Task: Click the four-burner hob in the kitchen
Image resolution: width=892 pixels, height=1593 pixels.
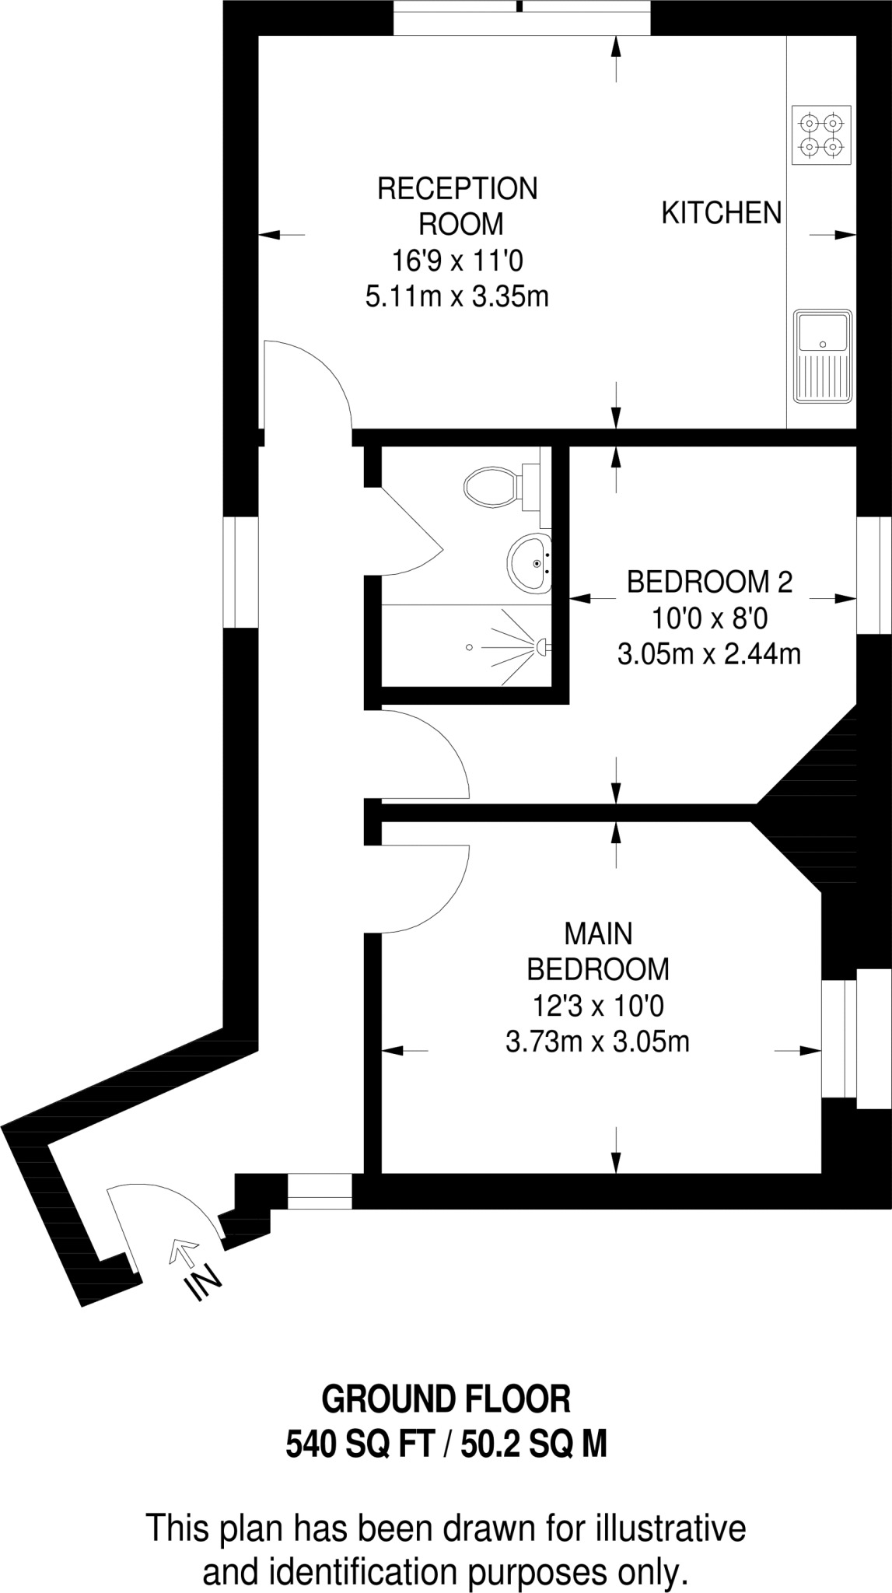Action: click(x=821, y=135)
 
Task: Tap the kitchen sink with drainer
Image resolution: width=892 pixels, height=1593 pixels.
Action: click(x=823, y=356)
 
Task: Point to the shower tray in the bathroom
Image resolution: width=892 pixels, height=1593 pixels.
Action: click(x=467, y=646)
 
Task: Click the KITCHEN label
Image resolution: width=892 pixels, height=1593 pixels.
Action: click(x=722, y=212)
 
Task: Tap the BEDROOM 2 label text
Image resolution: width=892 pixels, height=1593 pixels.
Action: click(x=709, y=582)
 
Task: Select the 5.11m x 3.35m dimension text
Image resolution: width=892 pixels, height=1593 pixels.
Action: click(x=457, y=296)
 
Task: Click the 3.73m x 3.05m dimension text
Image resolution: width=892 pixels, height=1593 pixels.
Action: click(x=598, y=1041)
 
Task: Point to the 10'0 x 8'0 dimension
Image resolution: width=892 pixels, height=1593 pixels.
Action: click(x=710, y=619)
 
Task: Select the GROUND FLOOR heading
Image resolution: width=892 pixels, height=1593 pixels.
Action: click(x=446, y=1399)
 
